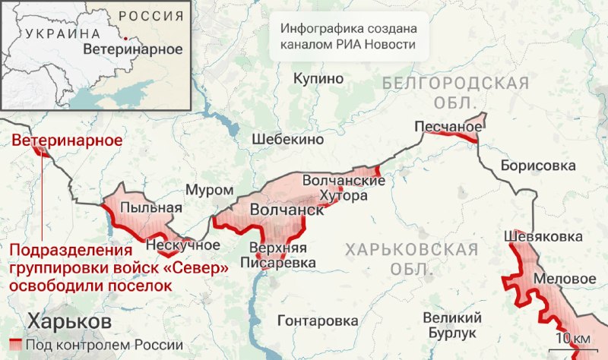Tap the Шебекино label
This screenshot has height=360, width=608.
point(288,140)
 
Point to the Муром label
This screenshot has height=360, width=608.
point(209,189)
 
